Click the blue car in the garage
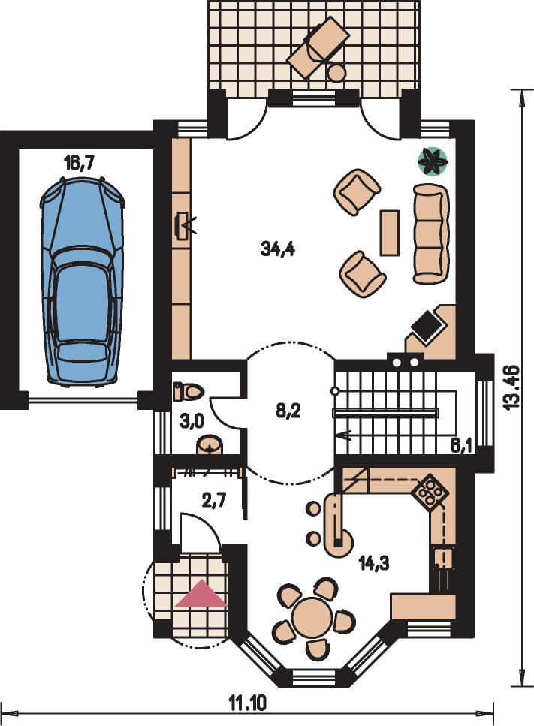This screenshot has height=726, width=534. pyautogui.click(x=83, y=282)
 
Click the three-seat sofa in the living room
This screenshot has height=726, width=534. pyautogui.click(x=430, y=233)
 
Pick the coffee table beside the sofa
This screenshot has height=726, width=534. pyautogui.click(x=390, y=233)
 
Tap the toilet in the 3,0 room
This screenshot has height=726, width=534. pyautogui.click(x=188, y=392)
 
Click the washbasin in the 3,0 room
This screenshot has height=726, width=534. pyautogui.click(x=210, y=445)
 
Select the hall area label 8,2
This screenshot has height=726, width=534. pyautogui.click(x=288, y=410)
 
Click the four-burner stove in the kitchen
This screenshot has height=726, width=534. pyautogui.click(x=430, y=492)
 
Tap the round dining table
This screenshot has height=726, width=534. pyautogui.click(x=312, y=616)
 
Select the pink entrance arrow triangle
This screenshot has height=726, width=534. pyautogui.click(x=201, y=594)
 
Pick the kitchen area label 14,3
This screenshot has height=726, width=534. pyautogui.click(x=374, y=562)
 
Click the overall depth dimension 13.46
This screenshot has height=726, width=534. pyautogui.click(x=511, y=387)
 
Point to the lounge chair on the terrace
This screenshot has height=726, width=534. pyautogui.click(x=318, y=47)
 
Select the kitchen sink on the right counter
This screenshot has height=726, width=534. pyautogui.click(x=443, y=558)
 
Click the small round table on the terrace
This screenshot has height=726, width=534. pyautogui.click(x=336, y=72)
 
